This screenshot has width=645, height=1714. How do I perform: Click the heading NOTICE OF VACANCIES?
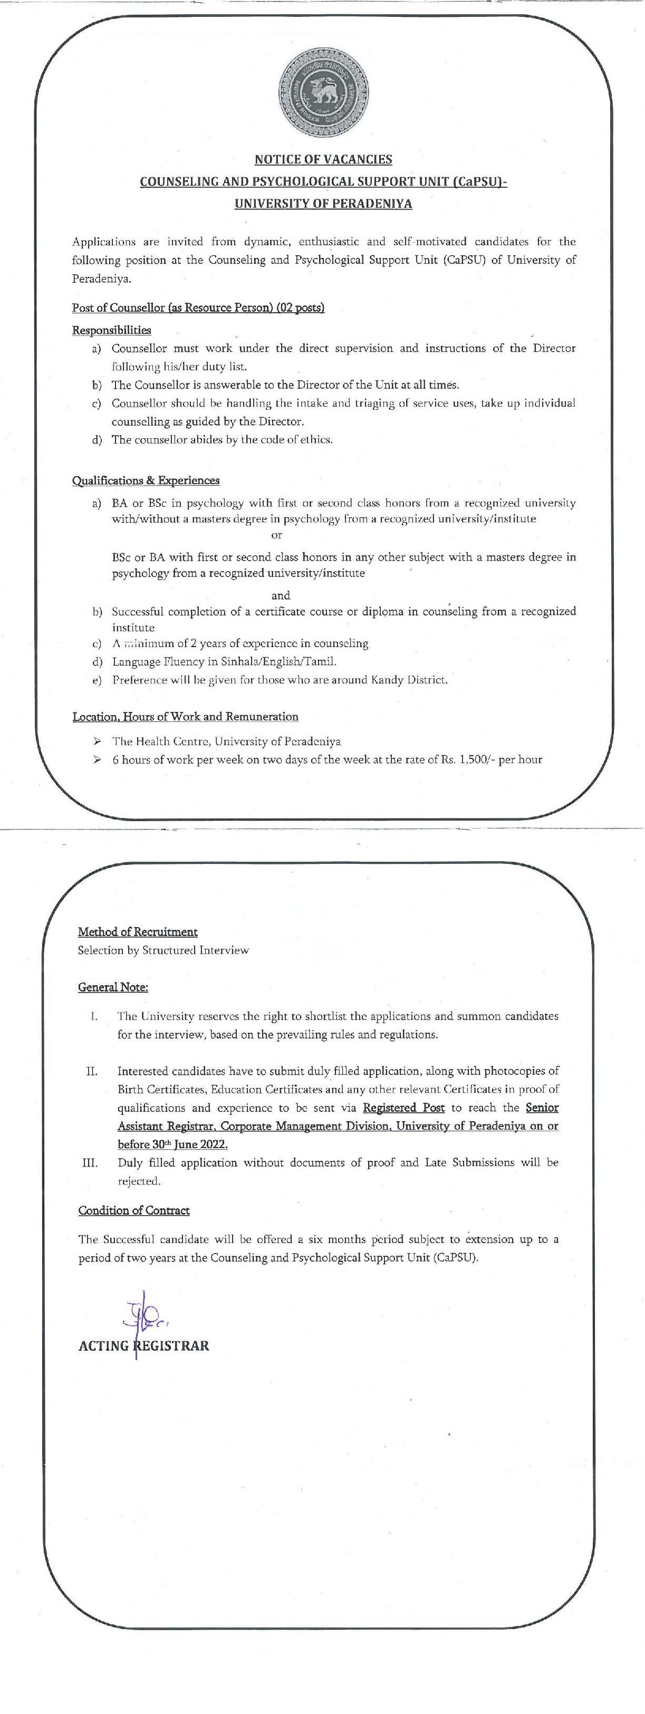click(323, 160)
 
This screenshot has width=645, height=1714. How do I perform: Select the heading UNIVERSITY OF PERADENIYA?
click(323, 204)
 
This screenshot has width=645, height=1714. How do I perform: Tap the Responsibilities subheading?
click(111, 330)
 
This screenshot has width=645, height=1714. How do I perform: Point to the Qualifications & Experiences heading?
click(146, 480)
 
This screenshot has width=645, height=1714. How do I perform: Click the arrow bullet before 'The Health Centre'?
click(97, 740)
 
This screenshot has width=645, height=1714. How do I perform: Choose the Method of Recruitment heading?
click(138, 931)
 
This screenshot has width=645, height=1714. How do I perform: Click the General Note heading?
click(113, 987)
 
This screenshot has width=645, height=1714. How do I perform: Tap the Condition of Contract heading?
click(134, 1210)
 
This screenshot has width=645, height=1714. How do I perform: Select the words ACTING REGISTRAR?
click(144, 1345)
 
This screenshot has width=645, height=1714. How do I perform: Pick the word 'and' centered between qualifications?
click(281, 595)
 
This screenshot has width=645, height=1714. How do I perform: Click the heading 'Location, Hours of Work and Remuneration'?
click(185, 717)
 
